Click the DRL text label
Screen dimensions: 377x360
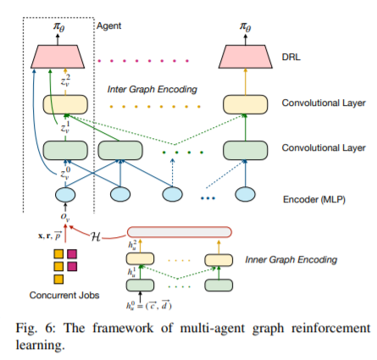click(291, 57)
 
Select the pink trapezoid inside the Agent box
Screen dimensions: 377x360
click(58, 57)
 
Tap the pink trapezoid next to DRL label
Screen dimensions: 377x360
click(246, 57)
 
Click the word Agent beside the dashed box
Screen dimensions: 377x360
click(108, 25)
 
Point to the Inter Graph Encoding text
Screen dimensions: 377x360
click(152, 89)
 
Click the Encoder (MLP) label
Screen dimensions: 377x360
click(314, 199)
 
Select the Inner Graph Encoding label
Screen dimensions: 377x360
click(291, 259)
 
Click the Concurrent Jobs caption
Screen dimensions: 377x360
click(64, 295)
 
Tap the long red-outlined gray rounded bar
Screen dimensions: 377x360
click(180, 232)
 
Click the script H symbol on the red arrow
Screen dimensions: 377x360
click(96, 236)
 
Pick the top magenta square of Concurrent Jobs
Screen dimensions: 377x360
click(72, 254)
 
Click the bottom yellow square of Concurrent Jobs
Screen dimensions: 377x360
click(58, 280)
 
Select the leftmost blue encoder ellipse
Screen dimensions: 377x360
click(65, 195)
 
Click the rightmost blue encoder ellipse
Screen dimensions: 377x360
click(245, 195)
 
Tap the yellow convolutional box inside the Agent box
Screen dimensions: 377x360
click(65, 104)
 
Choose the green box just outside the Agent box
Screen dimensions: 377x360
click(120, 150)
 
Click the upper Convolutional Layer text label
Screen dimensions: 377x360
click(324, 102)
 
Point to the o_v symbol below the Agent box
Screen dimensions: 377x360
click(65, 217)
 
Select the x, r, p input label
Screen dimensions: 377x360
click(50, 235)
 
